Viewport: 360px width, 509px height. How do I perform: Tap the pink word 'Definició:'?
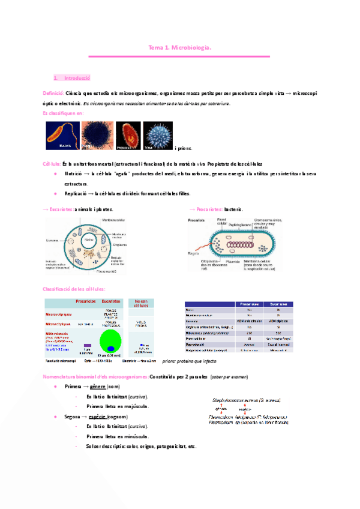click(x=53, y=94)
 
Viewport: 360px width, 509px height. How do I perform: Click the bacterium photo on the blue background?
click(x=62, y=136)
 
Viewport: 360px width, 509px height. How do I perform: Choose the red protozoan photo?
click(x=128, y=136)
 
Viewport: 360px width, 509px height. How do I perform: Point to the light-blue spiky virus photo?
click(x=158, y=136)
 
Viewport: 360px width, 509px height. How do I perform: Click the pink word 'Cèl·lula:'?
click(x=51, y=164)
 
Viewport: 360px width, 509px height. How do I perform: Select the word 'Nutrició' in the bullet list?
click(x=74, y=173)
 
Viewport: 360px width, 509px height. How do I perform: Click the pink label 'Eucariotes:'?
click(x=61, y=209)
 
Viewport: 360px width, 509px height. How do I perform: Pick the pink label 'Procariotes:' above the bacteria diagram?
click(x=209, y=209)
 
